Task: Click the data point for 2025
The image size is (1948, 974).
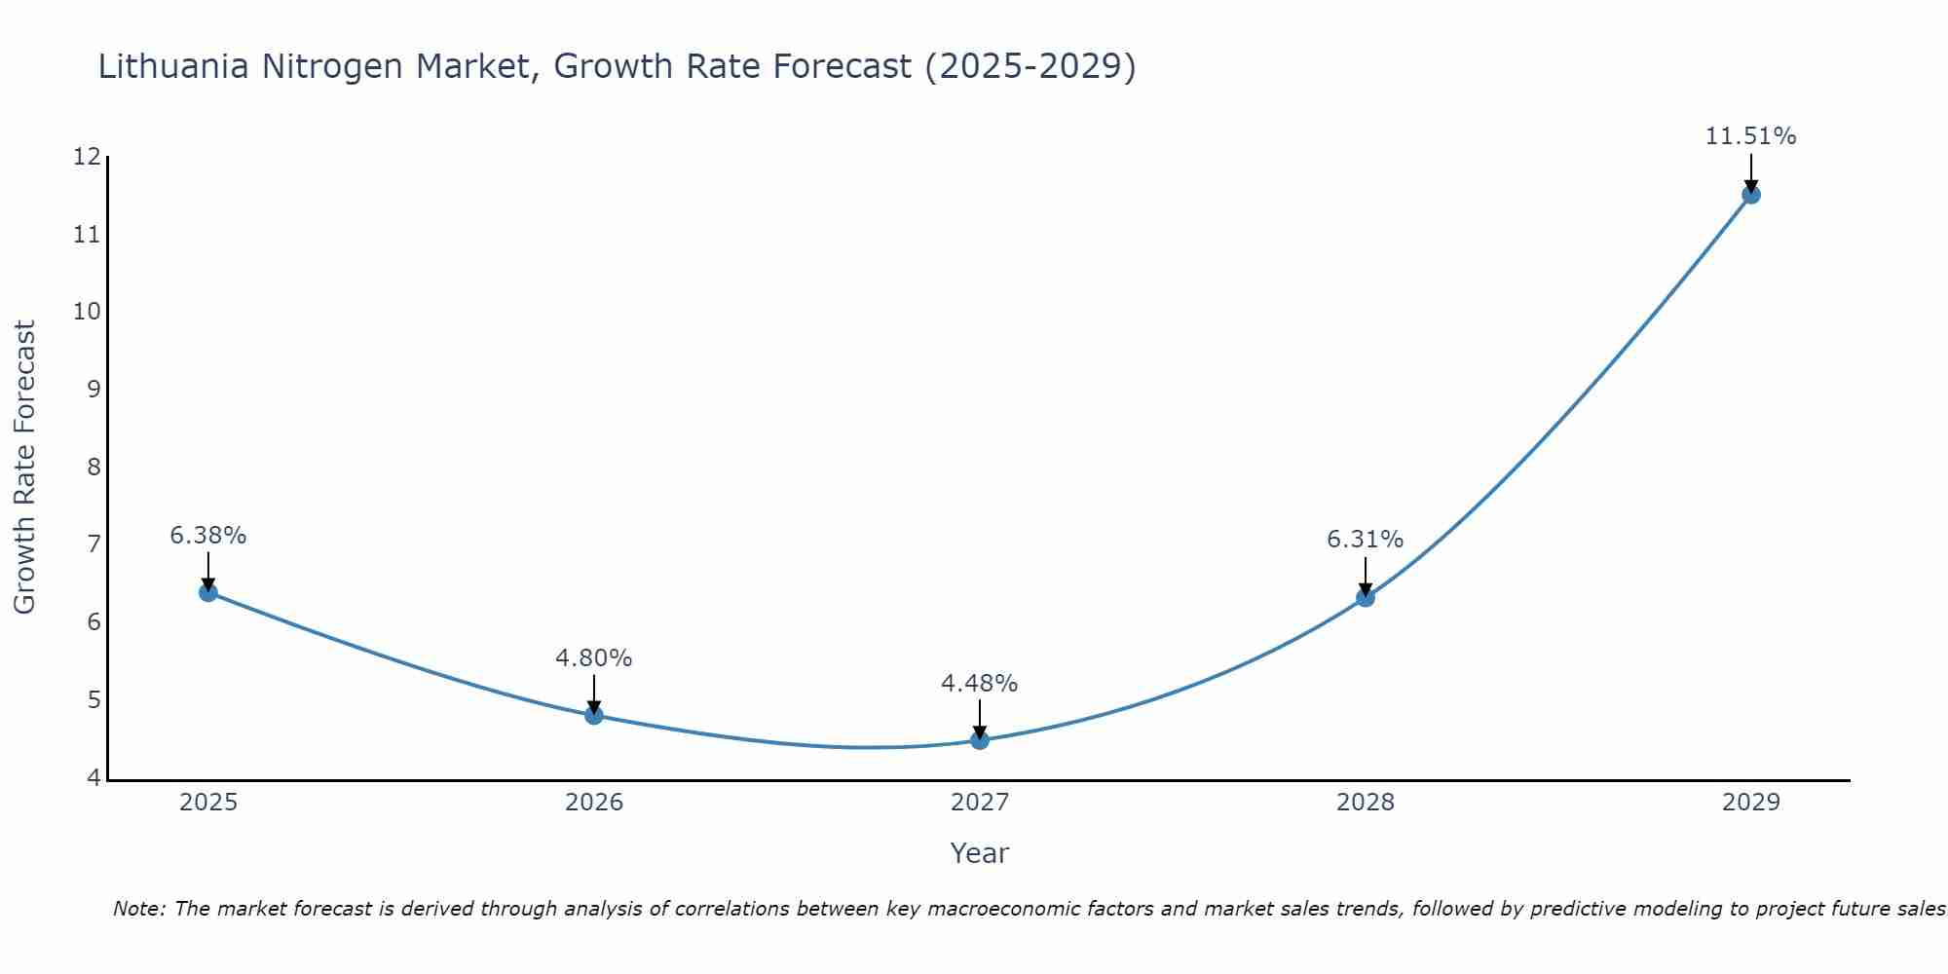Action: coord(207,592)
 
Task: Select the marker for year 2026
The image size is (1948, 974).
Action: coord(594,715)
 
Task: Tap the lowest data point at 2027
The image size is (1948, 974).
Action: coord(980,740)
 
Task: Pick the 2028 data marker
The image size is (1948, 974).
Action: coord(1366,597)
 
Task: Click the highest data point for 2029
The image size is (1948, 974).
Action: coord(1751,194)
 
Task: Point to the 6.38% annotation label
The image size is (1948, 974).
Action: coord(207,536)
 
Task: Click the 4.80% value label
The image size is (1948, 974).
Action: coord(594,658)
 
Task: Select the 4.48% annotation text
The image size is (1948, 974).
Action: coord(980,684)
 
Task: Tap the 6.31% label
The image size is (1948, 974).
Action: coord(1366,540)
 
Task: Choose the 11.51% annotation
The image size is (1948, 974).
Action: coord(1751,136)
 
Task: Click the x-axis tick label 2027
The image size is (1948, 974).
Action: coord(980,803)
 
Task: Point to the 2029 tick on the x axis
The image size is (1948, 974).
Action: coord(1751,803)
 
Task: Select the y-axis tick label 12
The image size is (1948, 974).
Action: coord(87,157)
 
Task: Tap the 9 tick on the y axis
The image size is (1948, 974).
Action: coord(94,390)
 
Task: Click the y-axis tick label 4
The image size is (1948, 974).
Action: coord(94,777)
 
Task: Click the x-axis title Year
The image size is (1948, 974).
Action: coord(980,853)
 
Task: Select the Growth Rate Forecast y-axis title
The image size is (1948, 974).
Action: coord(25,468)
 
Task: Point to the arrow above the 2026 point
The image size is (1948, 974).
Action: coord(594,693)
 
